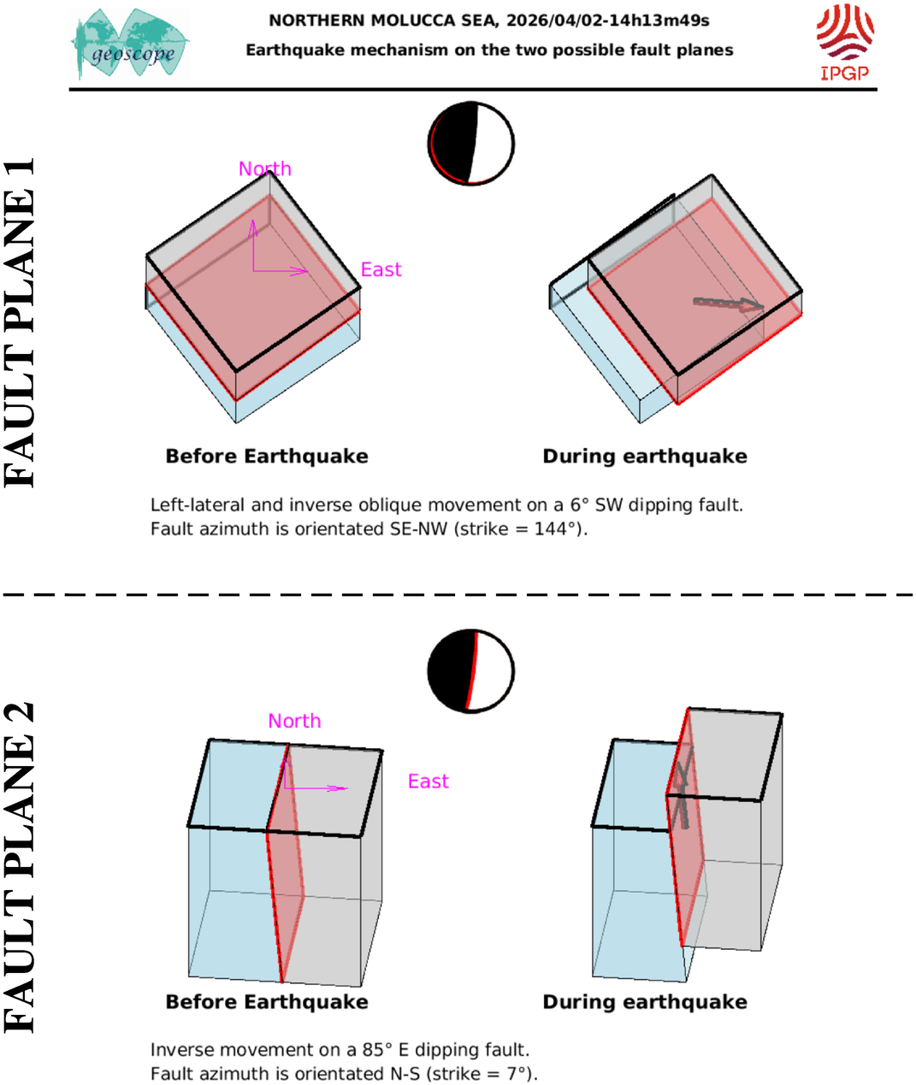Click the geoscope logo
pos(131,44)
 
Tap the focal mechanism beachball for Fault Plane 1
pos(471,144)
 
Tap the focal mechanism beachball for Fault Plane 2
pos(471,671)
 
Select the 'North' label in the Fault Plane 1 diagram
pos(265,168)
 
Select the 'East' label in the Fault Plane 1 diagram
pos(381,270)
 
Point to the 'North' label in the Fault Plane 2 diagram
pos(294,721)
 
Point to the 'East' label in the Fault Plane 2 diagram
pos(428,781)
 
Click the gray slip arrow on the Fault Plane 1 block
pos(728,304)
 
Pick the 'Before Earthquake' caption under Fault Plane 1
pos(267,457)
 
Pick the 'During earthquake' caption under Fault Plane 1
pos(645,457)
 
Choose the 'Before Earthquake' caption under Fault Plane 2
pos(267,1002)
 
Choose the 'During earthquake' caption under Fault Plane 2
pos(645,1002)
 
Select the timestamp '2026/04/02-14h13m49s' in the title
pos(607,21)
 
